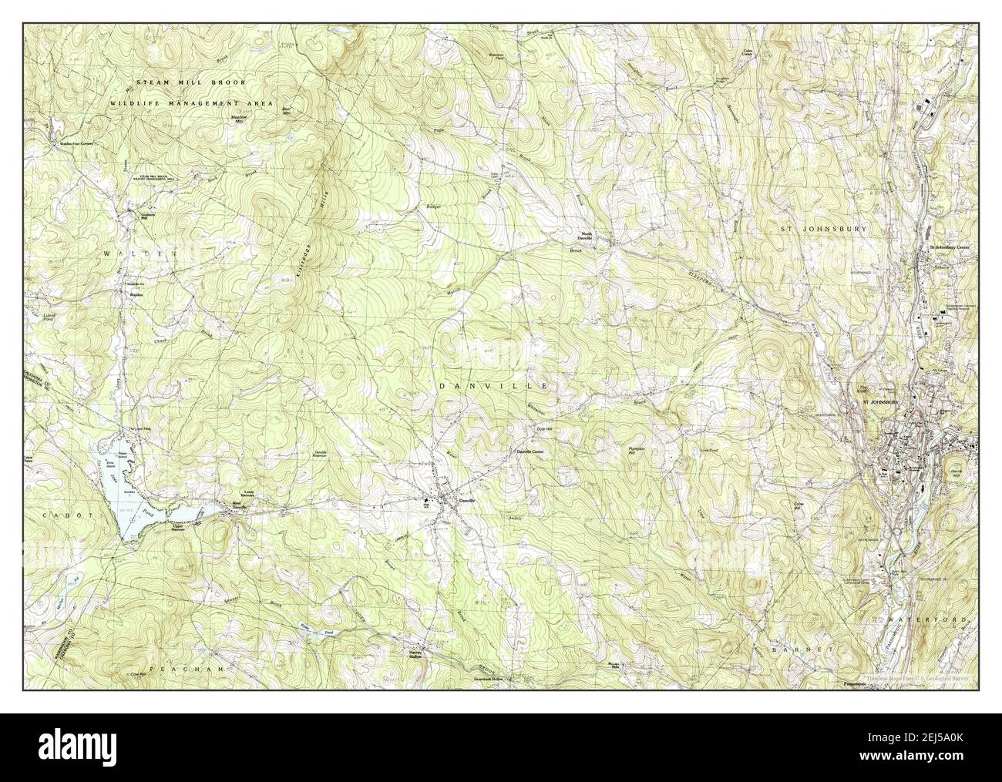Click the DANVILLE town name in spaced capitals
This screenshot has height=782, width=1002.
tap(493, 384)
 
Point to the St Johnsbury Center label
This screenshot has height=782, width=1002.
tap(951, 248)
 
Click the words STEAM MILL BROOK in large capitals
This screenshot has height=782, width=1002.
tap(191, 82)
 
